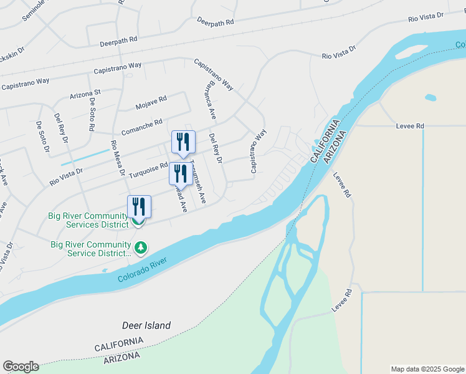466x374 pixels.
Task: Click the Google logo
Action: pos(21,367)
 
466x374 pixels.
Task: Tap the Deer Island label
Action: pos(146,325)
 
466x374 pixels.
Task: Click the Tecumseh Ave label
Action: pos(198,179)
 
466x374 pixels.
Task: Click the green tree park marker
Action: pos(141,248)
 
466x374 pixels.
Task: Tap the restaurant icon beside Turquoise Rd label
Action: pos(178,173)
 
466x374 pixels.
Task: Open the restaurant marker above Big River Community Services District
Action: pos(139,206)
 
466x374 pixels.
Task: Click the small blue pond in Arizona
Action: pos(430,97)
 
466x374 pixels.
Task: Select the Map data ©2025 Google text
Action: pos(427,369)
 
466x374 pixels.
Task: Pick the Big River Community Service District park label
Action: pos(91,249)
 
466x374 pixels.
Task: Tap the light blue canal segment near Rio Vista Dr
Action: pos(85,156)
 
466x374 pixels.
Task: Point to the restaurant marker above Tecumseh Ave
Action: pos(183,141)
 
